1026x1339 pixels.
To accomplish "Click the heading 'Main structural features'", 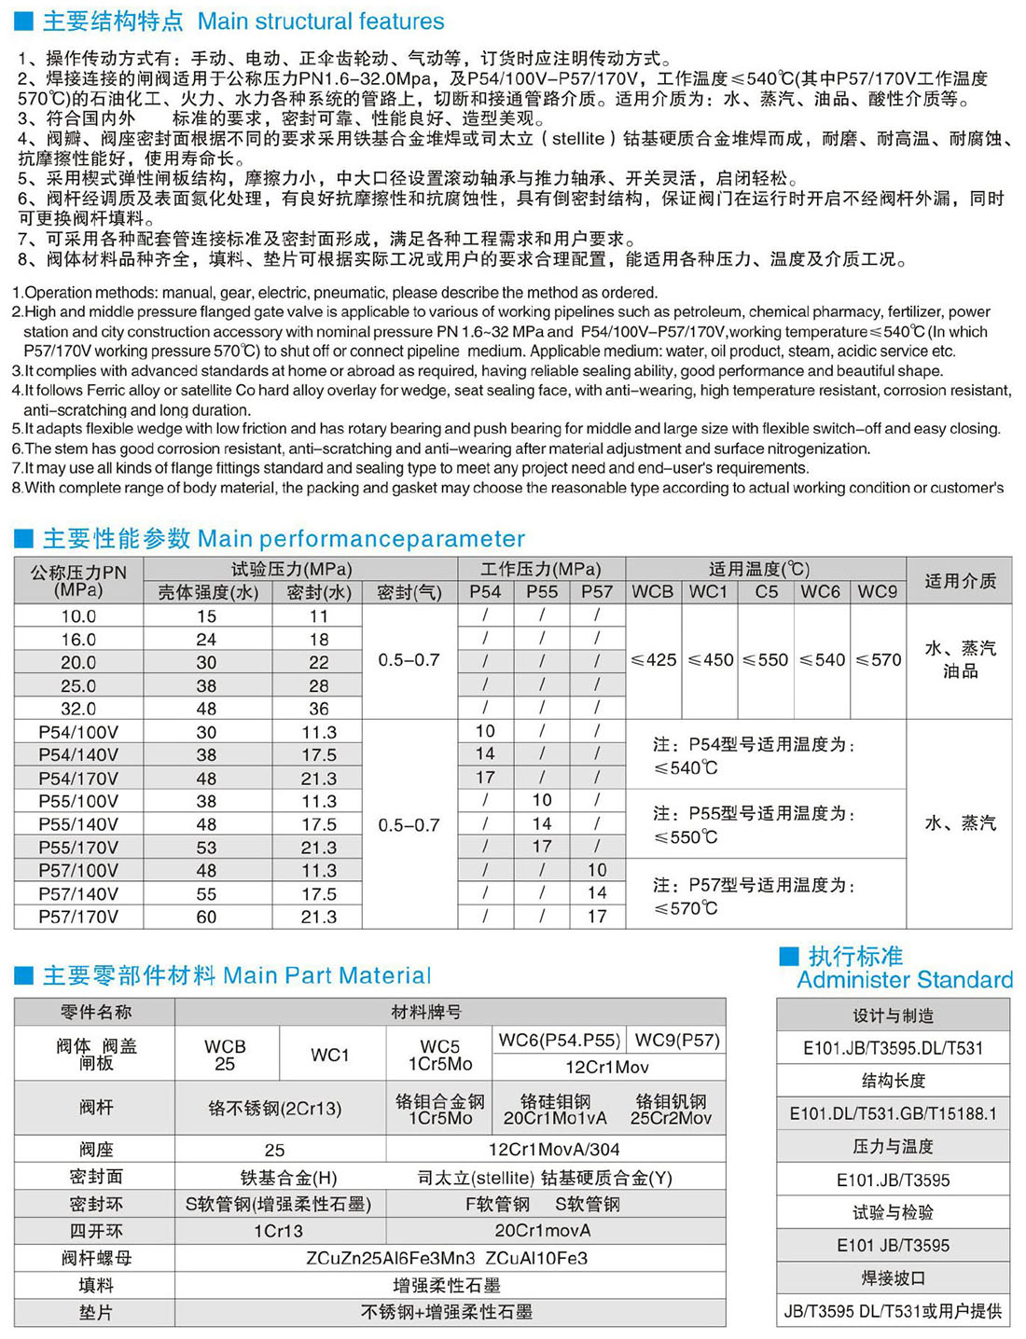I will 321,21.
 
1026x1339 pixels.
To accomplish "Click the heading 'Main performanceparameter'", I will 361,539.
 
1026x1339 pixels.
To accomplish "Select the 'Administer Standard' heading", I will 904,980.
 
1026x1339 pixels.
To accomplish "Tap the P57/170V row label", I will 78,917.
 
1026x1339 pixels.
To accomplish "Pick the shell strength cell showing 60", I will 206,917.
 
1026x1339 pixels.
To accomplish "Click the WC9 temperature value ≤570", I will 878,660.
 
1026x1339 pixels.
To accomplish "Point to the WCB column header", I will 653,592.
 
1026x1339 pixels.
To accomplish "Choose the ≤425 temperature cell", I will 654,660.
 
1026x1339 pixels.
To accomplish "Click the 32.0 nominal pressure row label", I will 78,709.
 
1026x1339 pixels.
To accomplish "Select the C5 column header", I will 767,592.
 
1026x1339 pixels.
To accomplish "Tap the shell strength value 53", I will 206,848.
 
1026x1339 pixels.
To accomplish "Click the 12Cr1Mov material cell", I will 607,1067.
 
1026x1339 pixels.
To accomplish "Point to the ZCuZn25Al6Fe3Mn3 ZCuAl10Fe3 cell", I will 447,1258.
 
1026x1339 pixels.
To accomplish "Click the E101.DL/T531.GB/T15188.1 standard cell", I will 893,1113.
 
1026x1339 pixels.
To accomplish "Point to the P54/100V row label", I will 78,732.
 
